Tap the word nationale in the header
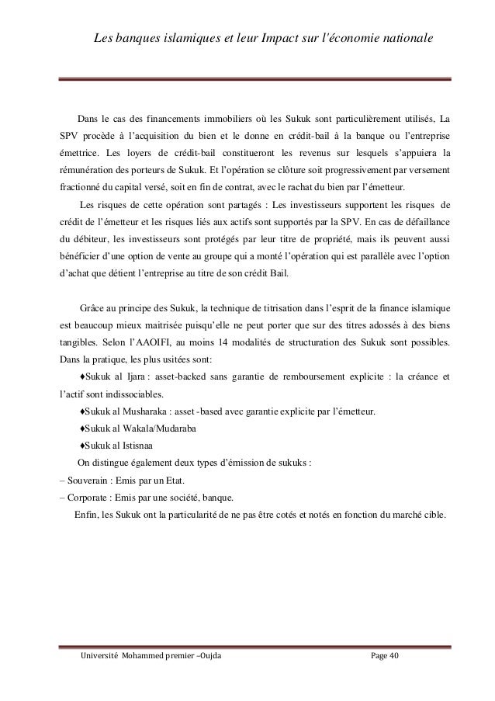(x=400, y=38)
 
